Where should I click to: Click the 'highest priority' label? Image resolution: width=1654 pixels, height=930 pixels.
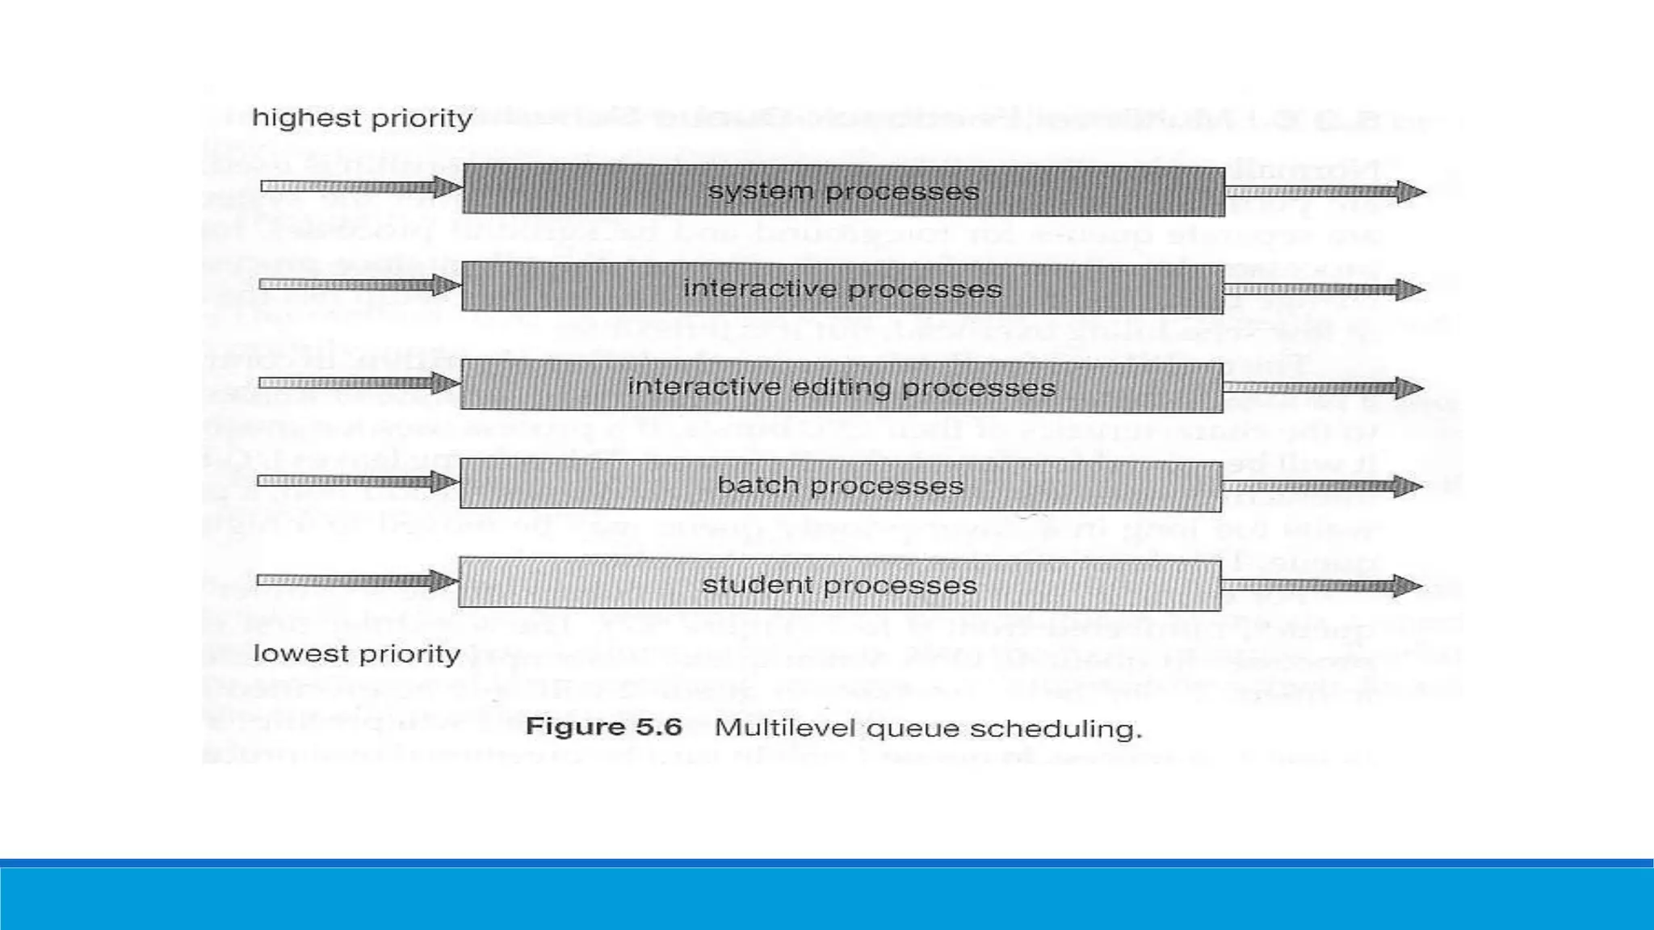tap(362, 119)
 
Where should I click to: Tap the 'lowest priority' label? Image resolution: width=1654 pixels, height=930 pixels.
tap(356, 653)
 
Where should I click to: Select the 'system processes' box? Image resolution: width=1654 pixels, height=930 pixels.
tap(843, 191)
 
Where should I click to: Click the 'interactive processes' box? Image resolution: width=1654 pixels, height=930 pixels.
tap(842, 289)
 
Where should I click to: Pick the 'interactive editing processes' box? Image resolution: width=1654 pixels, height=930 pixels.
tap(842, 387)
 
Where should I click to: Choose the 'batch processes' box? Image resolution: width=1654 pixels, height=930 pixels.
tap(840, 486)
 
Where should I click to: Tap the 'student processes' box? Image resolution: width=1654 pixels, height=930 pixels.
tap(839, 584)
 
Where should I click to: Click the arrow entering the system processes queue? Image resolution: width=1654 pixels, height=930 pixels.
tap(360, 187)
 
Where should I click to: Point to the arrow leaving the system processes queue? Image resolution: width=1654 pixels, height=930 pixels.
tap(1324, 192)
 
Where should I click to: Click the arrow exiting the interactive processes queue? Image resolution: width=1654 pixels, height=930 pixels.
tap(1324, 290)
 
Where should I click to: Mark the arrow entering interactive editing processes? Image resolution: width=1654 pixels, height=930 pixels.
tap(359, 383)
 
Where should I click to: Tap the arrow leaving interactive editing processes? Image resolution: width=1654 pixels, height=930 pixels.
tap(1323, 388)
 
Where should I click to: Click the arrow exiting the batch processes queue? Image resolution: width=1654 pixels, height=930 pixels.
tap(1321, 486)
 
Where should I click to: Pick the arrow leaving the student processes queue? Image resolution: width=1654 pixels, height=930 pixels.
tap(1321, 585)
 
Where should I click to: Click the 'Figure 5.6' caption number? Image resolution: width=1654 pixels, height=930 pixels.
tap(604, 727)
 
